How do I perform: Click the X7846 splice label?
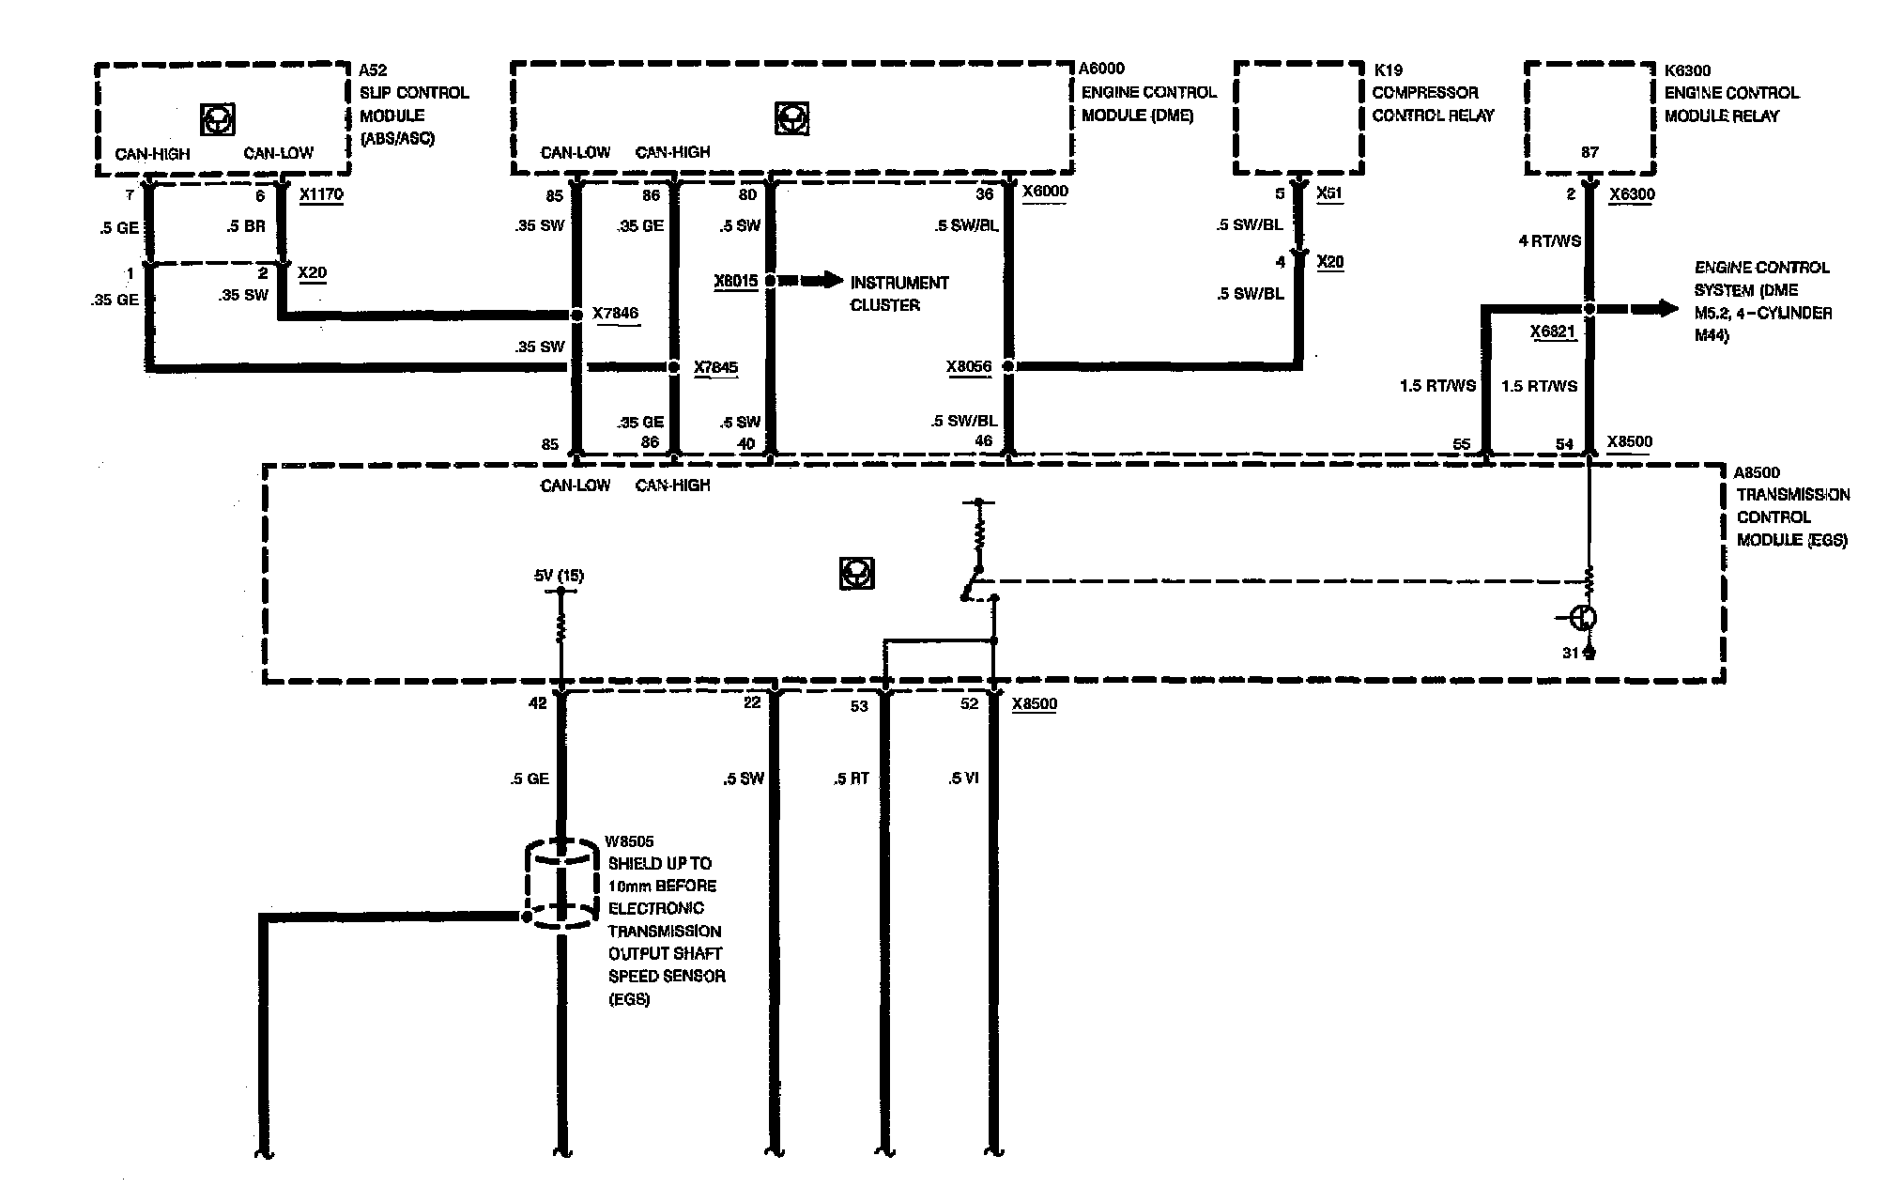616,314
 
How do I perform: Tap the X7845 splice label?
715,367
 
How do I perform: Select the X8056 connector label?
969,366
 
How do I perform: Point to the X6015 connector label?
735,281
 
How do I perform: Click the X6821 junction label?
1552,331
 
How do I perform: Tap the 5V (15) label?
559,575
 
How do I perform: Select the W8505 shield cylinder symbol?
560,886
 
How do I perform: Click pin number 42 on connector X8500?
537,702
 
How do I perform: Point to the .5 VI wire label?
963,778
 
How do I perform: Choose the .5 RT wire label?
851,778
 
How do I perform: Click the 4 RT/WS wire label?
1549,240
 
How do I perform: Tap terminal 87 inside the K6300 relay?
1589,152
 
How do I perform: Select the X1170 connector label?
321,195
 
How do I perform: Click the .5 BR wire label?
246,226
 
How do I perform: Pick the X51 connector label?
1329,193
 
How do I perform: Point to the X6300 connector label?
1632,195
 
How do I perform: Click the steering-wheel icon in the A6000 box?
791,118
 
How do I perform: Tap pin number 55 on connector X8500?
1461,444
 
